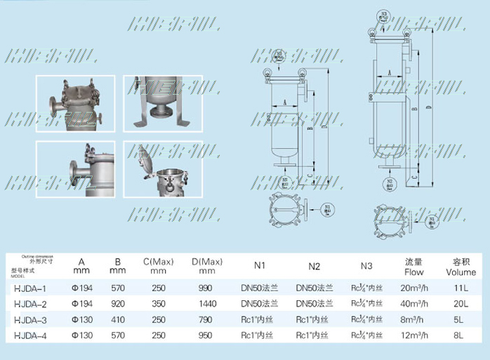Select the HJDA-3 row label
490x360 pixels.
click(30, 319)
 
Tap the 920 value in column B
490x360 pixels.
click(117, 303)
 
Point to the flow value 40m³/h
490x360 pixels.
click(414, 303)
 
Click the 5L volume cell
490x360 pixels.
click(460, 319)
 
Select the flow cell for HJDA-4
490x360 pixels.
click(414, 335)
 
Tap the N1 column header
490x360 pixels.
click(260, 267)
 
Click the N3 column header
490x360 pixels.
click(366, 267)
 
